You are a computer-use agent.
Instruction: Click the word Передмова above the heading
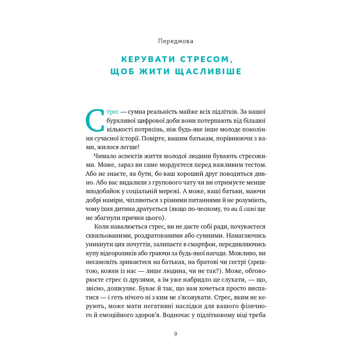[176, 41]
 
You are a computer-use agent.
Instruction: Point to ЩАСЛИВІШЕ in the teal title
[213, 71]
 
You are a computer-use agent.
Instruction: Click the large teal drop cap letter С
[95, 121]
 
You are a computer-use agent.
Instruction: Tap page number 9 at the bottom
[175, 334]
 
